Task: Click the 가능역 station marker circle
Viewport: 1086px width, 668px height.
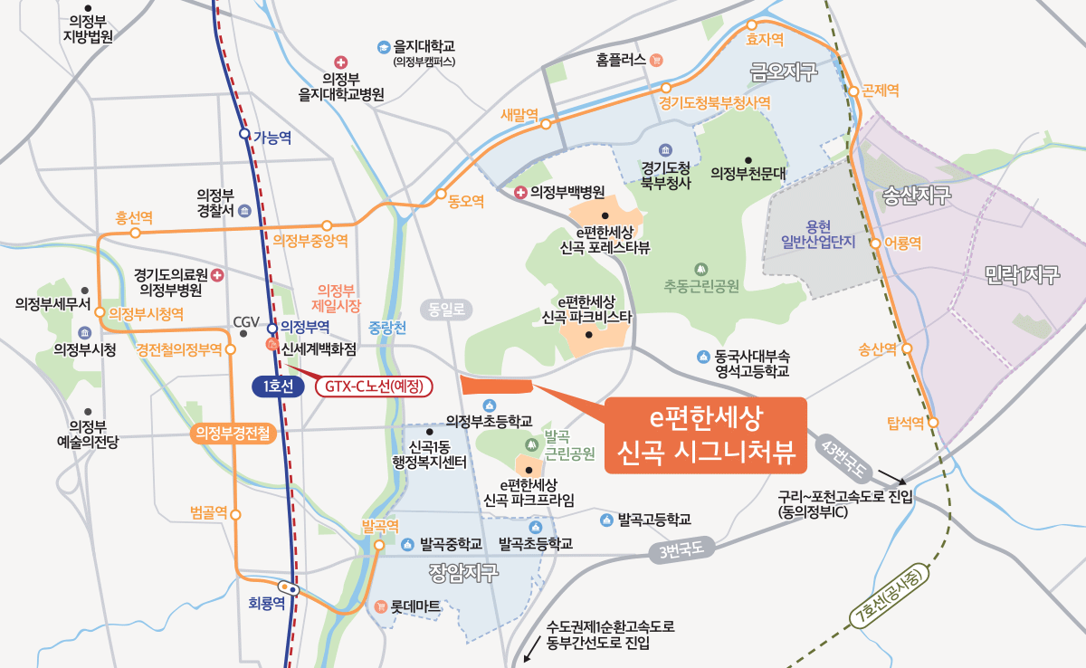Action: [x=244, y=134]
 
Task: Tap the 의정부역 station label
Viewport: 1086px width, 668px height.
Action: [x=305, y=326]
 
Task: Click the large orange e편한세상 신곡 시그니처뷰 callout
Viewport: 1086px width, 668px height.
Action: [x=707, y=435]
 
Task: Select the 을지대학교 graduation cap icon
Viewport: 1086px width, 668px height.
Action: [x=384, y=46]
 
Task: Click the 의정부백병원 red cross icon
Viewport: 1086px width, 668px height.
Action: [x=520, y=192]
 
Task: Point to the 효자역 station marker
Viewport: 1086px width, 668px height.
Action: [x=751, y=25]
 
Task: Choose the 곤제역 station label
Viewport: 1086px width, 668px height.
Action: [x=881, y=91]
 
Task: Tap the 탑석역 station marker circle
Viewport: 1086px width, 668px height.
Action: [x=933, y=423]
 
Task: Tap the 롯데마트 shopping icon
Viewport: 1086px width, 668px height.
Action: [x=381, y=606]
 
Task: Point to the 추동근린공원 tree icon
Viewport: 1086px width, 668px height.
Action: [x=700, y=269]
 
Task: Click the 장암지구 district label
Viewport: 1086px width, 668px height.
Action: [x=463, y=573]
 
